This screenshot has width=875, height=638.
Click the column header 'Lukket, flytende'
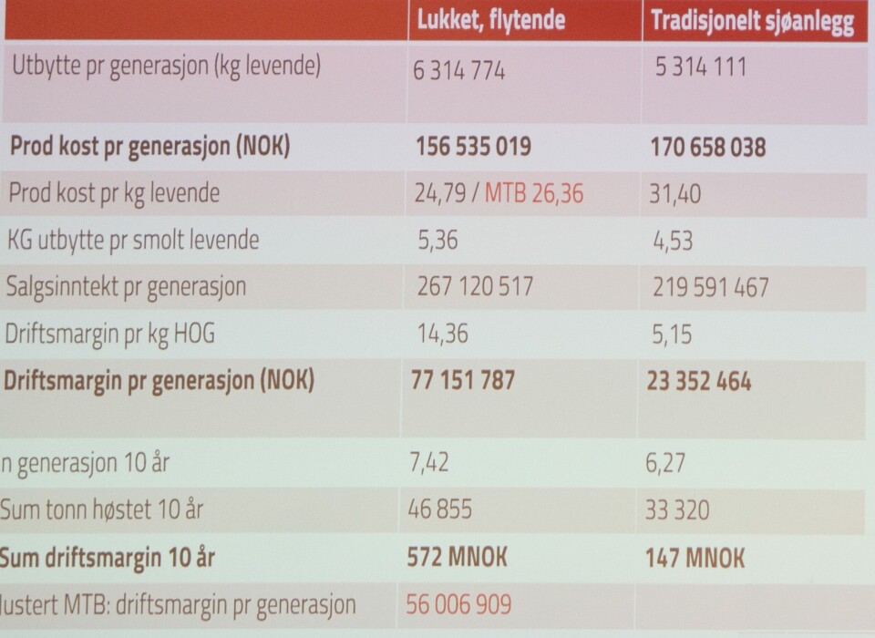[490, 20]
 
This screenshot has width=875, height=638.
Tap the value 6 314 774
[459, 69]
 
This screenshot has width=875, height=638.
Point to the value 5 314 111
[701, 67]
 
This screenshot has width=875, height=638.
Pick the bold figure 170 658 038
[708, 148]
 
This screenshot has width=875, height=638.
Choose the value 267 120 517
[474, 287]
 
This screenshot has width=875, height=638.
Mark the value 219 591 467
[711, 288]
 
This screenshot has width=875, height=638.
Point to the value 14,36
[441, 334]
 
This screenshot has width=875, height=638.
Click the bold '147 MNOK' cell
[695, 557]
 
